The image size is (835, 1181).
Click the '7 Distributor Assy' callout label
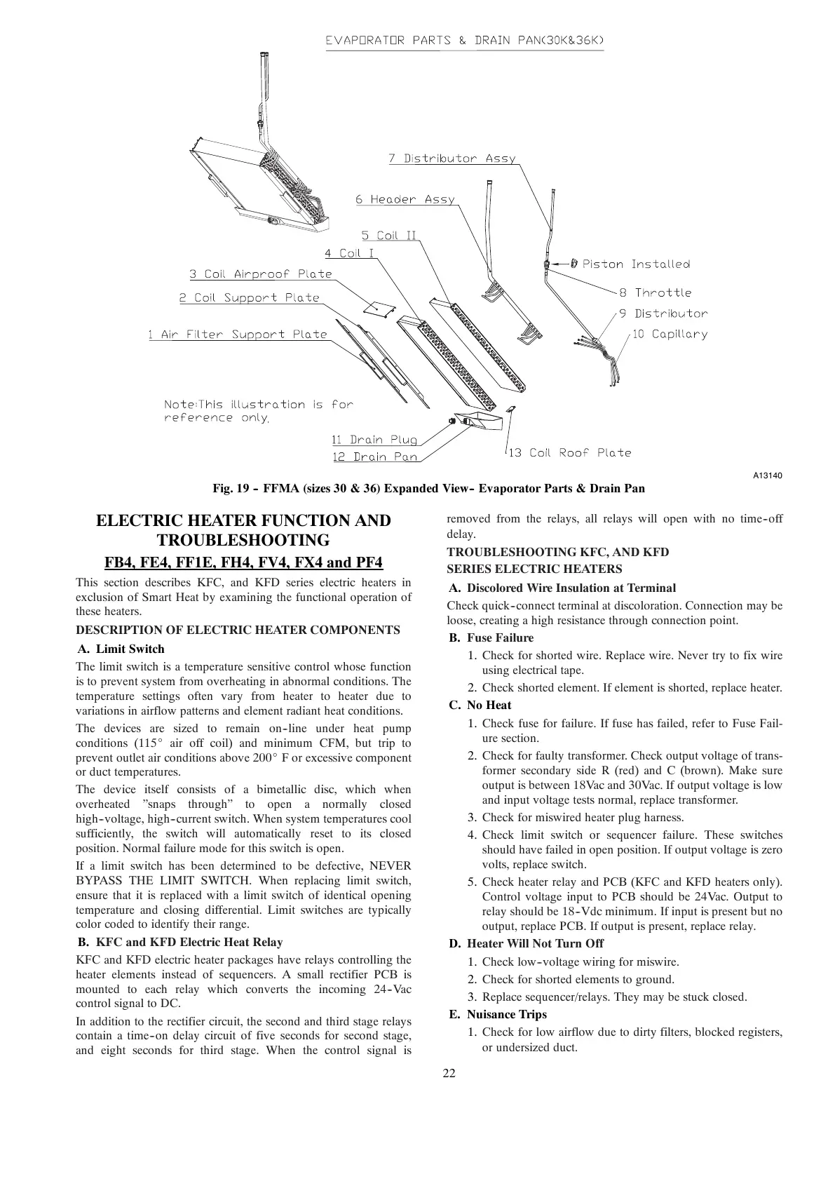pyautogui.click(x=452, y=158)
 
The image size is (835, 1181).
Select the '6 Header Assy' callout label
pyautogui.click(x=405, y=200)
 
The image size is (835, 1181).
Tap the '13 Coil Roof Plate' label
pyautogui.click(x=569, y=453)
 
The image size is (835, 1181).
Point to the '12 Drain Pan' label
pyautogui.click(x=374, y=457)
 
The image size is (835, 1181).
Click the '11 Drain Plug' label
pyautogui.click(x=374, y=440)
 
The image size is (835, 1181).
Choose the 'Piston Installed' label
pyautogui.click(x=635, y=264)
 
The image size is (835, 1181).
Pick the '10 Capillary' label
pyautogui.click(x=670, y=334)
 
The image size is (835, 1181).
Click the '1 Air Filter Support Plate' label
pyautogui.click(x=237, y=335)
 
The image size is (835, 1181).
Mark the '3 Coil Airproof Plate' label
pyautogui.click(x=260, y=274)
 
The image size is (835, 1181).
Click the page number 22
pyautogui.click(x=449, y=1074)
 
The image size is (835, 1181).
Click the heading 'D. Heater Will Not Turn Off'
pyautogui.click(x=526, y=943)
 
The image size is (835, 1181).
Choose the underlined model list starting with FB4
pyautogui.click(x=243, y=562)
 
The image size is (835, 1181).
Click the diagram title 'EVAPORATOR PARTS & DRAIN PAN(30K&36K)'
pyautogui.click(x=464, y=41)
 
